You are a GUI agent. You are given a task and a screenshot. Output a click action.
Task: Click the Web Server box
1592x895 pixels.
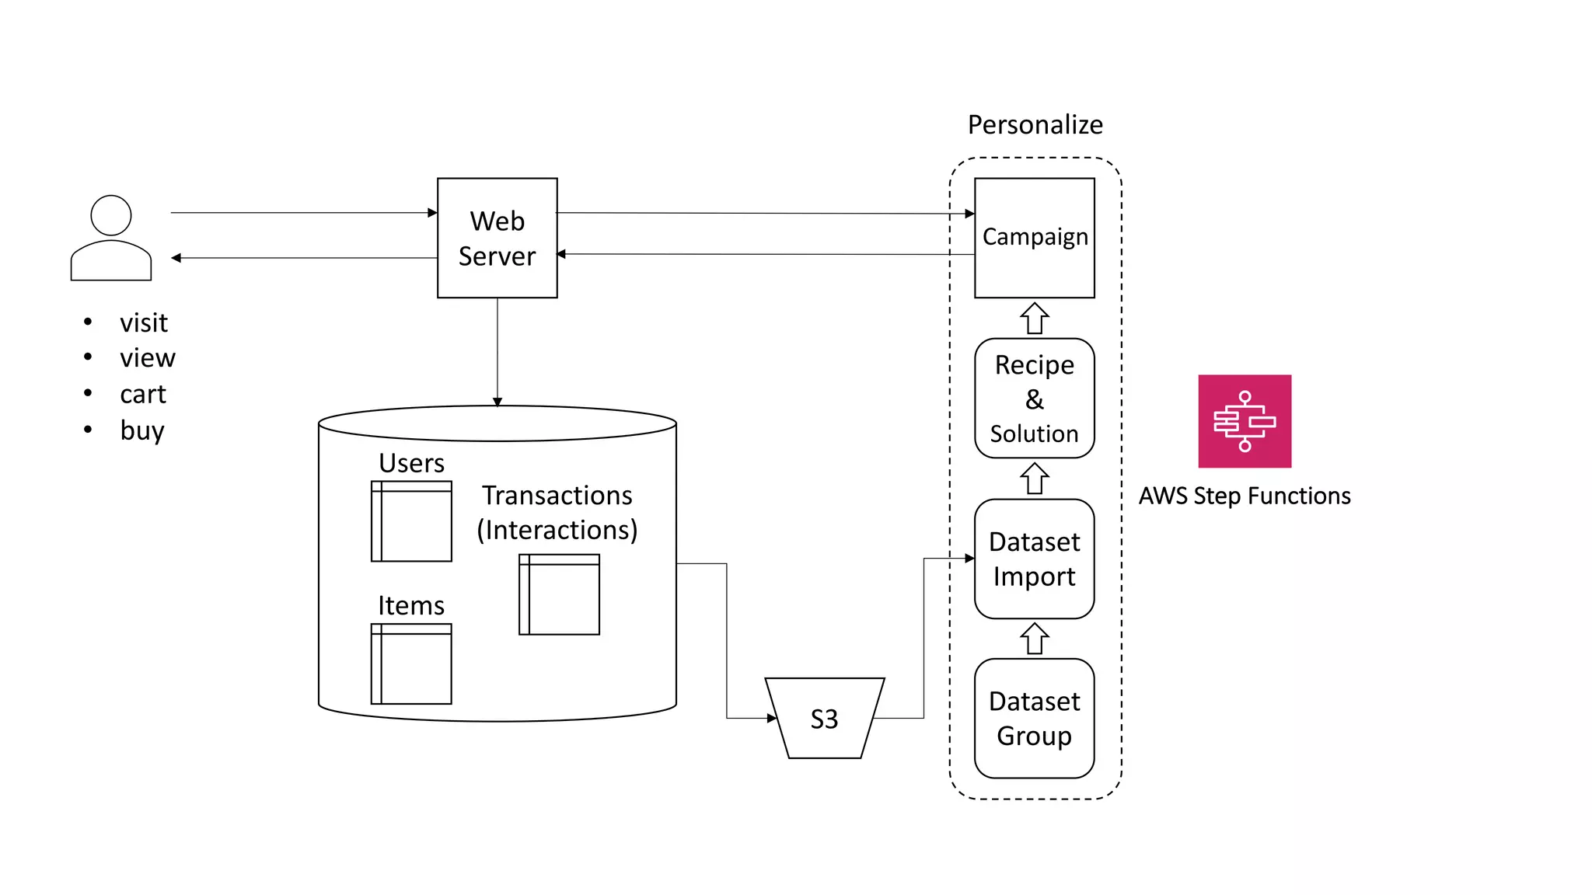coord(497,238)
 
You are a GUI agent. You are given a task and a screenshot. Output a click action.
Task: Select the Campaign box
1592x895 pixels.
coord(1034,238)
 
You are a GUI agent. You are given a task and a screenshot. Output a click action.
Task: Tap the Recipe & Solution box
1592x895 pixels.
coord(1034,398)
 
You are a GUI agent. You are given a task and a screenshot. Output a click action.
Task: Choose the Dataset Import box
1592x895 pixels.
coord(1034,559)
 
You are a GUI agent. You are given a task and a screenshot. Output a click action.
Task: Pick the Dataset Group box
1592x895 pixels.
coord(1034,718)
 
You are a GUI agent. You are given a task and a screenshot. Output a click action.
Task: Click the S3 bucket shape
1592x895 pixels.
coord(824,718)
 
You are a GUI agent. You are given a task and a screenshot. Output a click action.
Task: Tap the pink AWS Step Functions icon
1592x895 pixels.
coord(1244,421)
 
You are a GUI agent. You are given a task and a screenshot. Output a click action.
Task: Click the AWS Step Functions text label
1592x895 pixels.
coord(1244,496)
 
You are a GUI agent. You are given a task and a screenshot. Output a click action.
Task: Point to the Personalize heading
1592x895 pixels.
coord(1035,124)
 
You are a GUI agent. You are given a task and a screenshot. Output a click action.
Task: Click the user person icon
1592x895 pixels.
coord(111,238)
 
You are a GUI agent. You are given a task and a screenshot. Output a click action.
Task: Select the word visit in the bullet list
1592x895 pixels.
coord(144,322)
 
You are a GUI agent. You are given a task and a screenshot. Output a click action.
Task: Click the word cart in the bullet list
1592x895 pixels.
coord(143,395)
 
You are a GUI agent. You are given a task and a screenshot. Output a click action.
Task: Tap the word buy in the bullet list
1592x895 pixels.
coord(142,430)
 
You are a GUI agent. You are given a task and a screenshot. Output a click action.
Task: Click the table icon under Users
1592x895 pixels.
coord(411,521)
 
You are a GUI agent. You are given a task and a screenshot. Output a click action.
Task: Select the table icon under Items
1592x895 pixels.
coord(411,664)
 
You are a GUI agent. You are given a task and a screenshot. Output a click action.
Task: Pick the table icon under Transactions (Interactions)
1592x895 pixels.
coord(559,594)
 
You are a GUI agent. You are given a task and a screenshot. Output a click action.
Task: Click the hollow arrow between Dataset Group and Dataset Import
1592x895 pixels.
coord(1034,639)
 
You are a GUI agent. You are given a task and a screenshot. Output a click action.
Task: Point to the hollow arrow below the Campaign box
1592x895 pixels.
coord(1034,319)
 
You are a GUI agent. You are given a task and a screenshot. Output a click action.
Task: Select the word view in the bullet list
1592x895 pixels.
coord(148,358)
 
